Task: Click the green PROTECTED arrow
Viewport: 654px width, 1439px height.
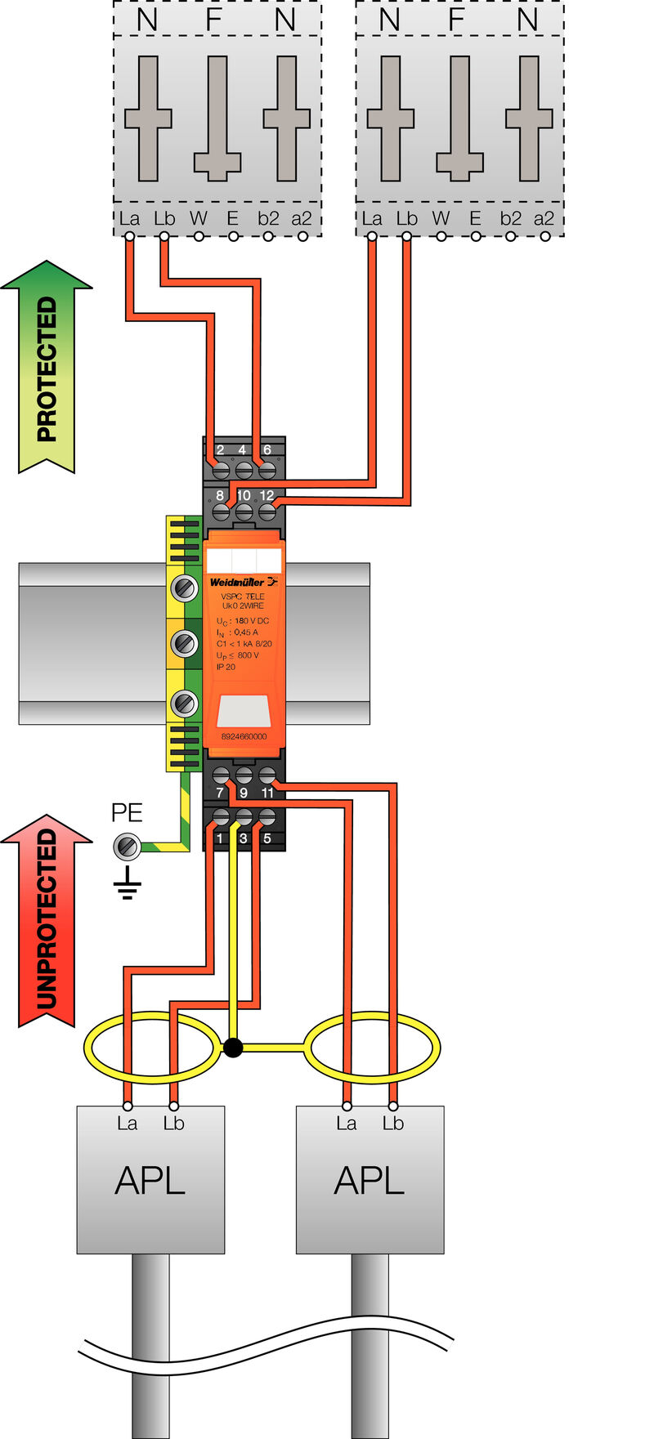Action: pos(47,368)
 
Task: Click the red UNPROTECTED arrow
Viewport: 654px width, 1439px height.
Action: pos(47,919)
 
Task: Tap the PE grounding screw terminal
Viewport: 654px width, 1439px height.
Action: pos(127,846)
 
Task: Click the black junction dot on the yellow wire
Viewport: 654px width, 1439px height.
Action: pos(233,1047)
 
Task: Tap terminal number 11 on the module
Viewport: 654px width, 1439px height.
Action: pos(267,793)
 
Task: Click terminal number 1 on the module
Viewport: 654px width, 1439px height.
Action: pos(220,838)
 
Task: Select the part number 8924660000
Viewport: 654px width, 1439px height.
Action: pos(244,736)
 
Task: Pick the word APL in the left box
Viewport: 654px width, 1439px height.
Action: pos(150,1181)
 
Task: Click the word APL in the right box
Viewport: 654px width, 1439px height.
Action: pos(370,1181)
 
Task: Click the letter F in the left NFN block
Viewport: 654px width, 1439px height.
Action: pos(213,18)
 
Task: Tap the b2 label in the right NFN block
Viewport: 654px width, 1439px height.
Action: pos(510,218)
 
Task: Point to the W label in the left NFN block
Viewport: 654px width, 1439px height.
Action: pos(199,218)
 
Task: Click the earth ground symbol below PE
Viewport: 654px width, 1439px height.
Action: pos(127,885)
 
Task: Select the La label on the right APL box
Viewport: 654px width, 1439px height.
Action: pos(346,1124)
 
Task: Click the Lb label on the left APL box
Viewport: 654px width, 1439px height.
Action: pos(173,1124)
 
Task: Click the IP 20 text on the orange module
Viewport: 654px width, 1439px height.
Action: pos(226,667)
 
